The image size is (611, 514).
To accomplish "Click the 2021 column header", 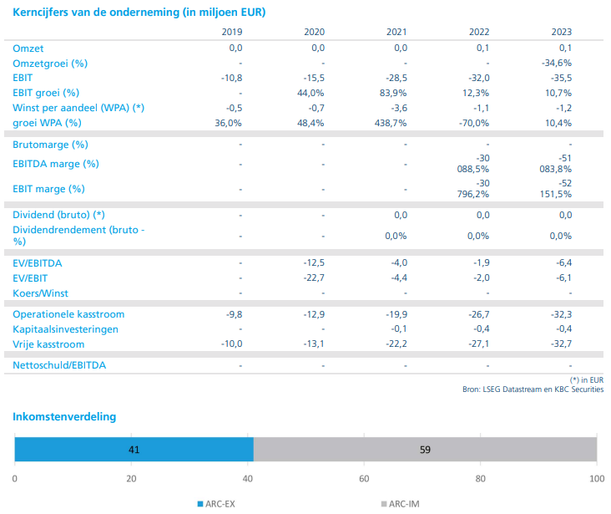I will click(396, 32).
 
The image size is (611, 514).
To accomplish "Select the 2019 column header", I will click(231, 32).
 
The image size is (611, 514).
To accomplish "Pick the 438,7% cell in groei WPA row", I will click(391, 123).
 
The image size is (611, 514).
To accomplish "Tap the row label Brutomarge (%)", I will click(50, 145).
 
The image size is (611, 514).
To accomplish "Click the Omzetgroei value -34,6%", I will click(557, 63).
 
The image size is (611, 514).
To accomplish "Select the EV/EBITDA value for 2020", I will click(313, 263).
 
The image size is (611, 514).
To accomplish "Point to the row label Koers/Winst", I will click(40, 293).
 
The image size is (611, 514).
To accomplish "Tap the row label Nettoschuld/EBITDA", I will click(59, 365).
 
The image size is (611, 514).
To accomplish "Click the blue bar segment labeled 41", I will click(134, 449).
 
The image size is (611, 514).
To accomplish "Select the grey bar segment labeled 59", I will click(425, 449).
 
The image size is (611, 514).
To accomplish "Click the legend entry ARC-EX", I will click(221, 504).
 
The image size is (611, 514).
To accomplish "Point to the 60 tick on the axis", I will click(364, 479).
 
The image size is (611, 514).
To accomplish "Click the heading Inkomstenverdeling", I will click(65, 416).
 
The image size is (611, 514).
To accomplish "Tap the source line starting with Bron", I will click(533, 389).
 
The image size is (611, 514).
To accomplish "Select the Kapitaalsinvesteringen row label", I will click(65, 329).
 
